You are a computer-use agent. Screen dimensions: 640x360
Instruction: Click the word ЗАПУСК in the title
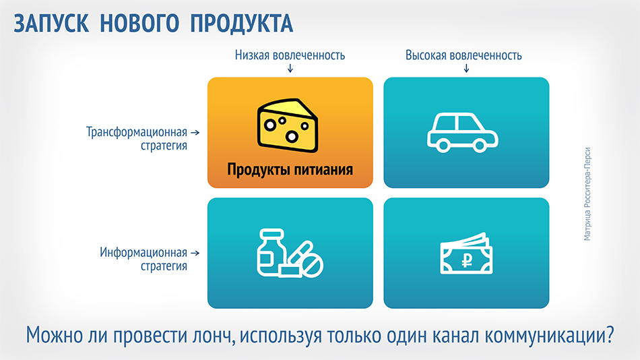(x=51, y=23)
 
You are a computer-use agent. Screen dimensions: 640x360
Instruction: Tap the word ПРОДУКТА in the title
(x=242, y=23)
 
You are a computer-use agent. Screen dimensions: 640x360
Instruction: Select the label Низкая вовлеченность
(x=290, y=55)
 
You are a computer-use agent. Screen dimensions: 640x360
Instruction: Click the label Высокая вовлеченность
(x=463, y=55)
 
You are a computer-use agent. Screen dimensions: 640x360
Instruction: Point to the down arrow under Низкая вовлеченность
(x=290, y=68)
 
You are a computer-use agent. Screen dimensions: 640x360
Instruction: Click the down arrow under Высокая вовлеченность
(x=467, y=68)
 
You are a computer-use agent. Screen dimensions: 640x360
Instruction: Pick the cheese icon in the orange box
(x=288, y=125)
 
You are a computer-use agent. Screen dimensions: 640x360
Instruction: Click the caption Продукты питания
(x=290, y=169)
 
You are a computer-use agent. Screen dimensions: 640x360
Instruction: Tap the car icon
(x=462, y=133)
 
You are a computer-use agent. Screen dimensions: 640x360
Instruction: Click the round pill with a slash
(x=311, y=265)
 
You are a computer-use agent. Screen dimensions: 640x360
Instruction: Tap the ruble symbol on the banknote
(x=467, y=260)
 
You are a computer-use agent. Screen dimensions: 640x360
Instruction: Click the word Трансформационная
(x=137, y=132)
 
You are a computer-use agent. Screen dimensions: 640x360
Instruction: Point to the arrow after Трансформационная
(x=195, y=132)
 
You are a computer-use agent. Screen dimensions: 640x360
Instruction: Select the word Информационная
(x=143, y=253)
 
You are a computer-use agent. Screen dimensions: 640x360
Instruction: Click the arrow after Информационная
(x=195, y=253)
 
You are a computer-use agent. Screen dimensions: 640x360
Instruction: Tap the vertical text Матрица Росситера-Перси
(x=587, y=194)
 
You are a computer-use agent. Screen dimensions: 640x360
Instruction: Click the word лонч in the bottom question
(x=212, y=335)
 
